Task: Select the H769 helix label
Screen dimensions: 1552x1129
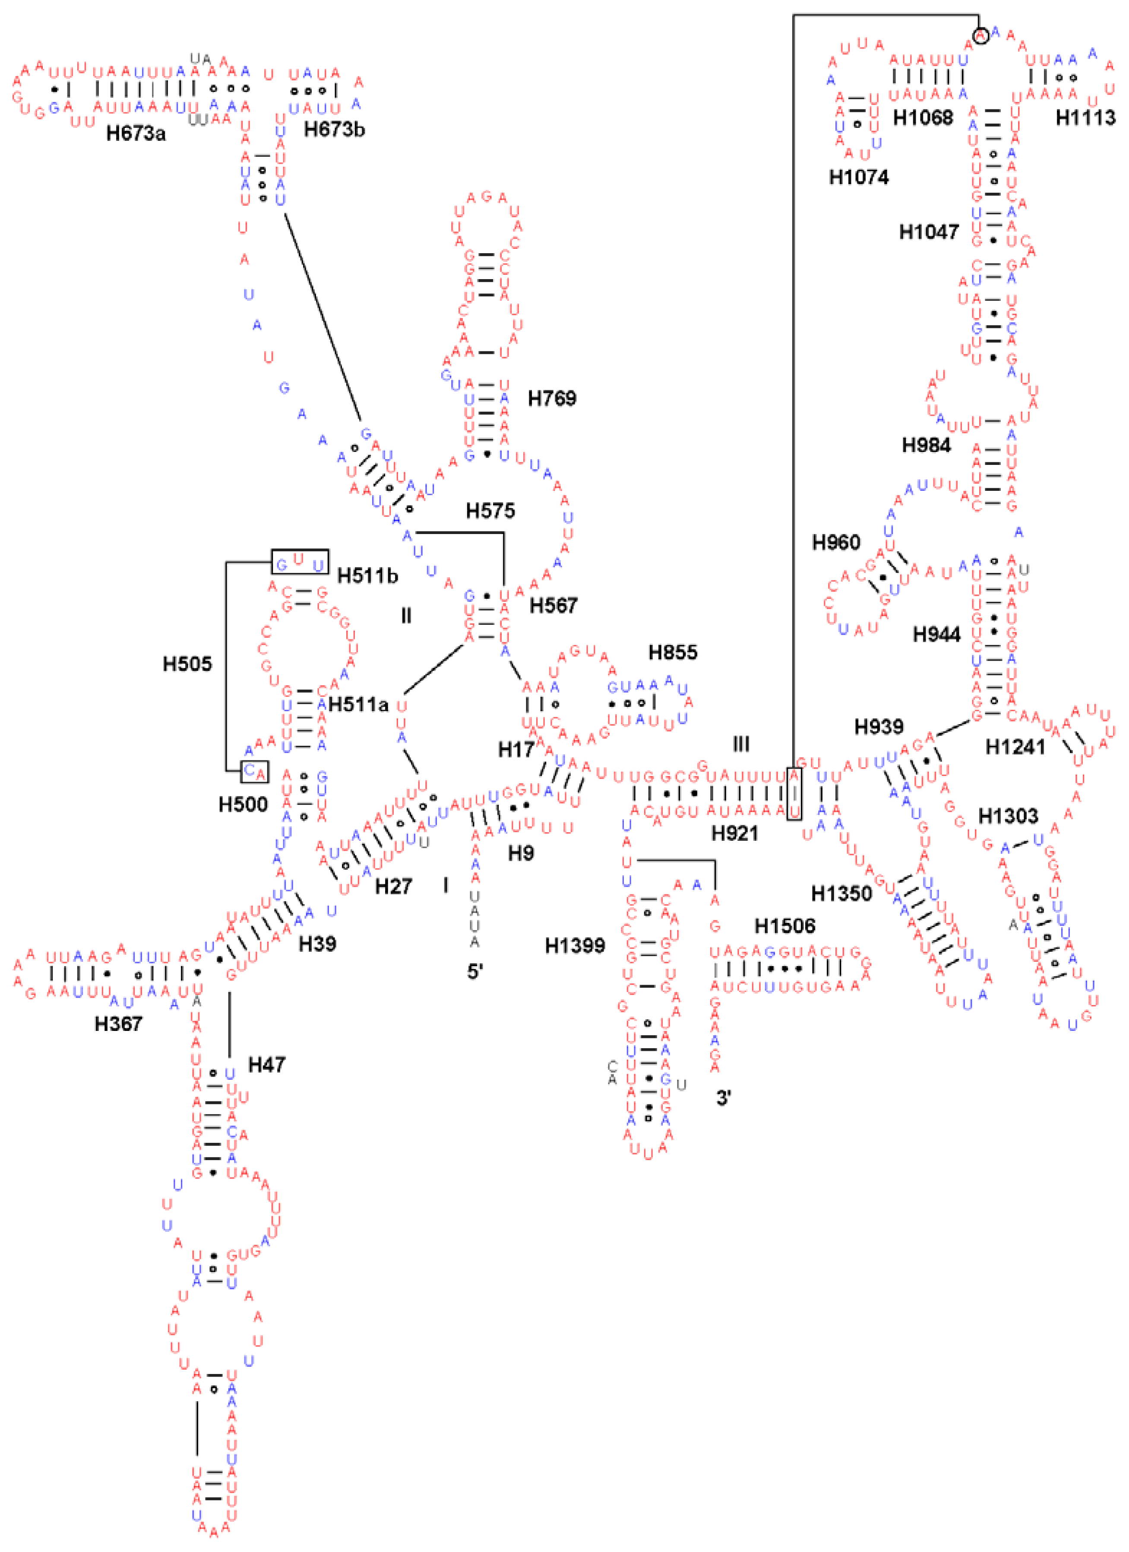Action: pos(551,398)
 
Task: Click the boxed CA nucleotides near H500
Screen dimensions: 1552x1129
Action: pos(254,772)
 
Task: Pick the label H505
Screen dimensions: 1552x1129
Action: pos(187,664)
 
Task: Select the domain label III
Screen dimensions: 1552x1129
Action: pos(740,744)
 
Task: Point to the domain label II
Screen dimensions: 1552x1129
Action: pos(406,616)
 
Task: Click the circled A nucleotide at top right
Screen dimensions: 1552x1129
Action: pos(980,35)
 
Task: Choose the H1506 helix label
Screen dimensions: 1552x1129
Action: pos(784,926)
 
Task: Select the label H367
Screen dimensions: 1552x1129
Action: pos(118,1024)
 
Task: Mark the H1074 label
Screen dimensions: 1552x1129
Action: pos(858,177)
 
